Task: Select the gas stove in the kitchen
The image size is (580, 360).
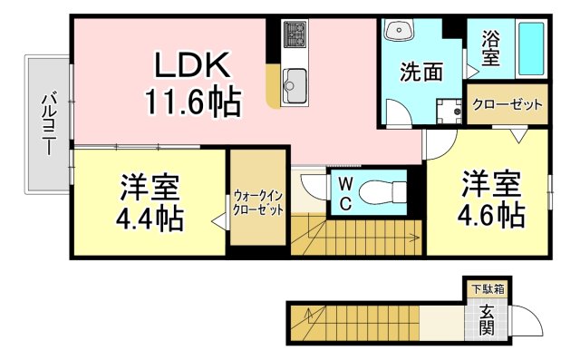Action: [295, 36]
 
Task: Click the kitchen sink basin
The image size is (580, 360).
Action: [295, 87]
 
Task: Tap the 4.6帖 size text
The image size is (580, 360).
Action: [490, 215]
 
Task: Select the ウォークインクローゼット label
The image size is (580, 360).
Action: [257, 201]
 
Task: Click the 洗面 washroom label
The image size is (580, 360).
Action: [420, 71]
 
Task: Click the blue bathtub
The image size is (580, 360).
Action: [530, 50]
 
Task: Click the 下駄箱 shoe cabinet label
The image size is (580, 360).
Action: [488, 289]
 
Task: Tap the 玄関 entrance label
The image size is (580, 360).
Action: [488, 320]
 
